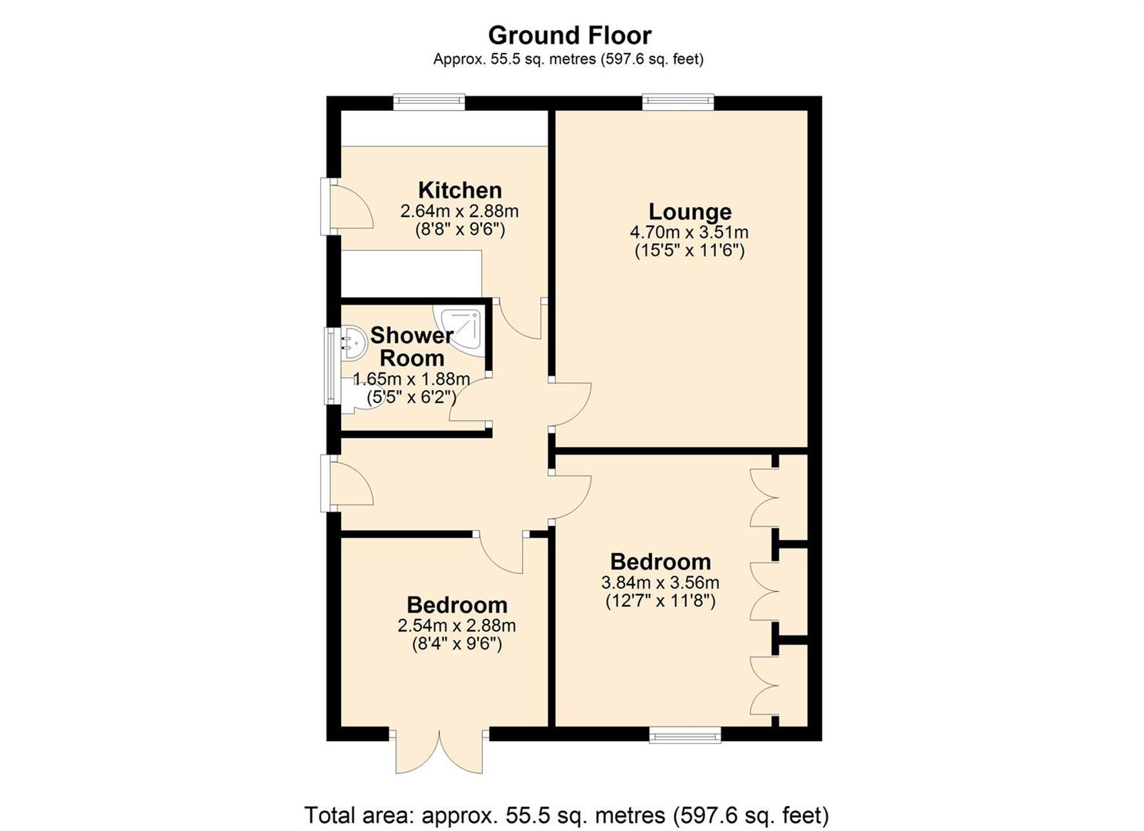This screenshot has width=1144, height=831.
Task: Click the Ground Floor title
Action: point(570,35)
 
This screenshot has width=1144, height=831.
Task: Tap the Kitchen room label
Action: point(460,190)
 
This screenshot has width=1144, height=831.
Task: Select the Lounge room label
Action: point(690,212)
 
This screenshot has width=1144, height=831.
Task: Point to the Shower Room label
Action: point(412,346)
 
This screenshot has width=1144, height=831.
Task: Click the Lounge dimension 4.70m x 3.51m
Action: point(690,233)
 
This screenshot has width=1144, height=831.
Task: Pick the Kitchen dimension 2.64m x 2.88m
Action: point(460,211)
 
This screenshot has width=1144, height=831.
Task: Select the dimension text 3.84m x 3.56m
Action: point(661,582)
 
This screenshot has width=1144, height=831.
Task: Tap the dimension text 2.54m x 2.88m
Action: point(457,626)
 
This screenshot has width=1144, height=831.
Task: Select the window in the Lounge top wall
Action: point(677,102)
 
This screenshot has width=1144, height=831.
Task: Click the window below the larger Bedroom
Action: point(685,736)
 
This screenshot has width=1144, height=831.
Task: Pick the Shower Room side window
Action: point(333,365)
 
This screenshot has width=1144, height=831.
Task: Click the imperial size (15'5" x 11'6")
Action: point(690,251)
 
